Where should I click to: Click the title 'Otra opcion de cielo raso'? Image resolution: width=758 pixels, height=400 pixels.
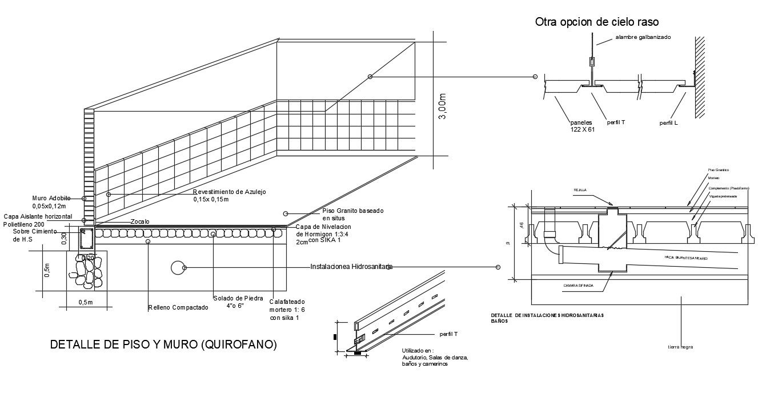coord(597,22)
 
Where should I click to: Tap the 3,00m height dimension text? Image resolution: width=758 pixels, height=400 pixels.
coord(443,106)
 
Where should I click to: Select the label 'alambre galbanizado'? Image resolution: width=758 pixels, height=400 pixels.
coord(643,37)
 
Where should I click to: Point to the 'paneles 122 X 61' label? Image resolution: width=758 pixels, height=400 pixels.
coord(583,126)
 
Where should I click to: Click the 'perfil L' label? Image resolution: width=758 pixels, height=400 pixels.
coord(668,123)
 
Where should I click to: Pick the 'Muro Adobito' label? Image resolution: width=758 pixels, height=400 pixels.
coord(51,198)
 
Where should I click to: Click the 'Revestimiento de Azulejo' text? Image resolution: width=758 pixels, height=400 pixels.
coord(229,192)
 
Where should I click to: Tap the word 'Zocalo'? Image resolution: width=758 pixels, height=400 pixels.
coord(140,221)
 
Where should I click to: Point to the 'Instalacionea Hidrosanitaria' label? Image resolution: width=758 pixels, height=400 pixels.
coord(351,267)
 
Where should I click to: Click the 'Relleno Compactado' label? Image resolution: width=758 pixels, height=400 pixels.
coord(178,307)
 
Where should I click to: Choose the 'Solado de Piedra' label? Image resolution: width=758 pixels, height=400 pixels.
coord(238,298)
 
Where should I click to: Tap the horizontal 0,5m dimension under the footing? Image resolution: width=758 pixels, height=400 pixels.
coord(85,302)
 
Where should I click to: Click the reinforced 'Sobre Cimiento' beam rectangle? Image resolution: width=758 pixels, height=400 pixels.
coord(86,239)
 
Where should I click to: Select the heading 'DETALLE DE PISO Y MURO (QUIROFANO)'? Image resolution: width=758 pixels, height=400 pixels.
coord(163,344)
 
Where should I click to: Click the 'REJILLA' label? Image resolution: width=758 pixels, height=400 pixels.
coord(580,190)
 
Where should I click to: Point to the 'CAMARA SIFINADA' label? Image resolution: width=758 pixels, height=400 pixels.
coord(578,285)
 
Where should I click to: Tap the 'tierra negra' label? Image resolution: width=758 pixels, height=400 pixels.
coord(680,347)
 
